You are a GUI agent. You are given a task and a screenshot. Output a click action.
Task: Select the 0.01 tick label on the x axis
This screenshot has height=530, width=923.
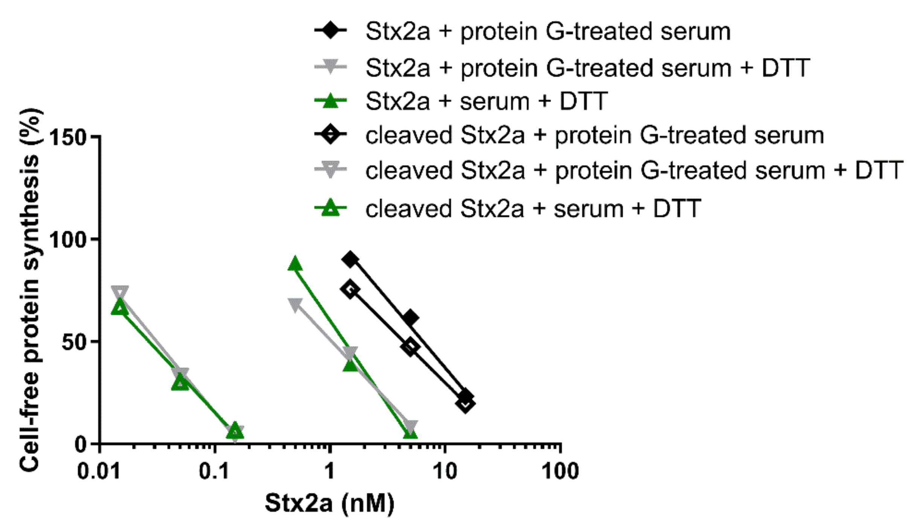click(x=99, y=471)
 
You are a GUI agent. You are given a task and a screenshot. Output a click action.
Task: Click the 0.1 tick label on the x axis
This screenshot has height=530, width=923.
click(x=214, y=471)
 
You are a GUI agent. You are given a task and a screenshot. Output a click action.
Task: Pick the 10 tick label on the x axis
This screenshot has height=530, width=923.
click(x=445, y=471)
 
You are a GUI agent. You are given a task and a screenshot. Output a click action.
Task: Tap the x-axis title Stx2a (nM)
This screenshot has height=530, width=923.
click(x=330, y=503)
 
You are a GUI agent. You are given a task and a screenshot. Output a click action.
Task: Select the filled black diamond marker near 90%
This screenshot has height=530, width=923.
click(x=350, y=259)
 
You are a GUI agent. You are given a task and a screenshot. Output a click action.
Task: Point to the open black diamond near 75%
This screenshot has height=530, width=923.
click(x=350, y=289)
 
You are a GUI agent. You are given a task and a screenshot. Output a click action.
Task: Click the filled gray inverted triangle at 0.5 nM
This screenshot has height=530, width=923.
click(x=295, y=305)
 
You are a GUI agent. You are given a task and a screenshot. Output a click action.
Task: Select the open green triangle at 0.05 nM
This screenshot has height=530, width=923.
click(x=180, y=383)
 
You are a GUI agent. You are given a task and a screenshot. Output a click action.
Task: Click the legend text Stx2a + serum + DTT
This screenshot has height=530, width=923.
click(x=486, y=102)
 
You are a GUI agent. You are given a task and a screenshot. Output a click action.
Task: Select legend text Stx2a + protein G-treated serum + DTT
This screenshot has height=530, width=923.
click(x=587, y=68)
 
